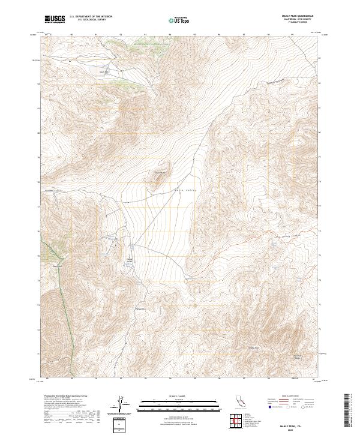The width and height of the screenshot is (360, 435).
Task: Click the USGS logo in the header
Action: point(55,19)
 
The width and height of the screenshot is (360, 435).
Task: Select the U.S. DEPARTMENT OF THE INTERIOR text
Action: point(90,17)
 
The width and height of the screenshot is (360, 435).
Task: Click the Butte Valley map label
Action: point(182,187)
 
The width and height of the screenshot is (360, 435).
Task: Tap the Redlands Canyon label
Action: point(55,190)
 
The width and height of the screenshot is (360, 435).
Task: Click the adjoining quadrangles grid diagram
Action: point(236,421)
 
